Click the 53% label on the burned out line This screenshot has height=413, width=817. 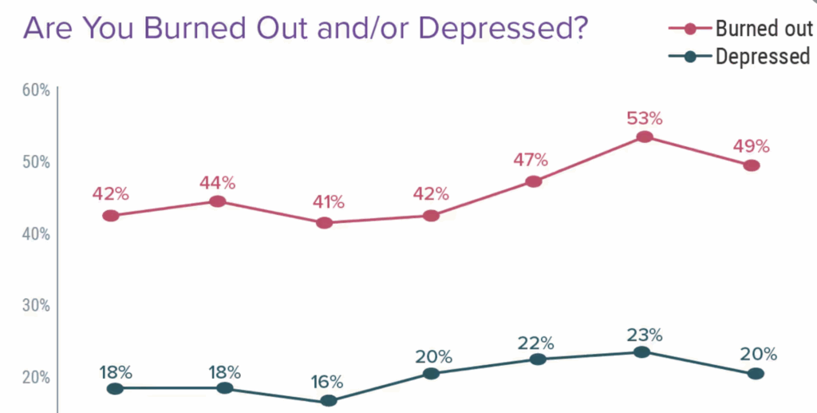tap(644, 118)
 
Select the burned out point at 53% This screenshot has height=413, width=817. tap(644, 137)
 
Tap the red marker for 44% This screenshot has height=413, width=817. tap(217, 201)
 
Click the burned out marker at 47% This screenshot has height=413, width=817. tap(534, 181)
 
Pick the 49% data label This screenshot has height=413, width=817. tap(751, 146)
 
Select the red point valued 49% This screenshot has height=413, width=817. tap(751, 165)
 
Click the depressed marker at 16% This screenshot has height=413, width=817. tap(329, 401)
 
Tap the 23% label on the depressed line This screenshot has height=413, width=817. tap(644, 334)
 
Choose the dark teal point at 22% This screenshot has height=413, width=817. tap(538, 359)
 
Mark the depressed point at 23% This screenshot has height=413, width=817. tap(641, 352)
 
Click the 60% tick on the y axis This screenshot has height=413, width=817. tap(36, 89)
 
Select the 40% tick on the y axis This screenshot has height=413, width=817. tap(36, 234)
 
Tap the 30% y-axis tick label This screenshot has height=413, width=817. tap(36, 305)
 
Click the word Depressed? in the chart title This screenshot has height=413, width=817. tap(503, 29)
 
